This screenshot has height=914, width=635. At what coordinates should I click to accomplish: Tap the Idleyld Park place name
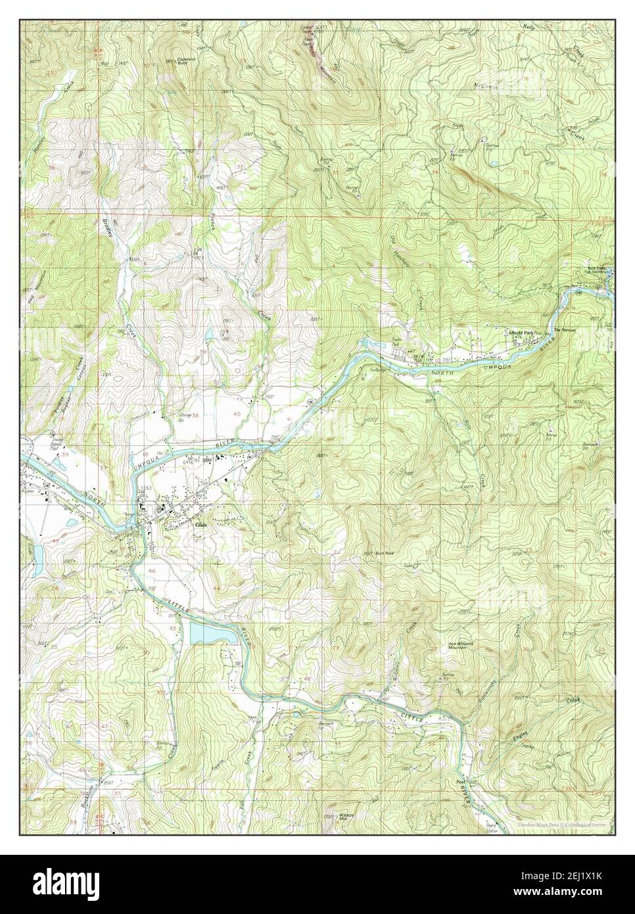click(x=521, y=333)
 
